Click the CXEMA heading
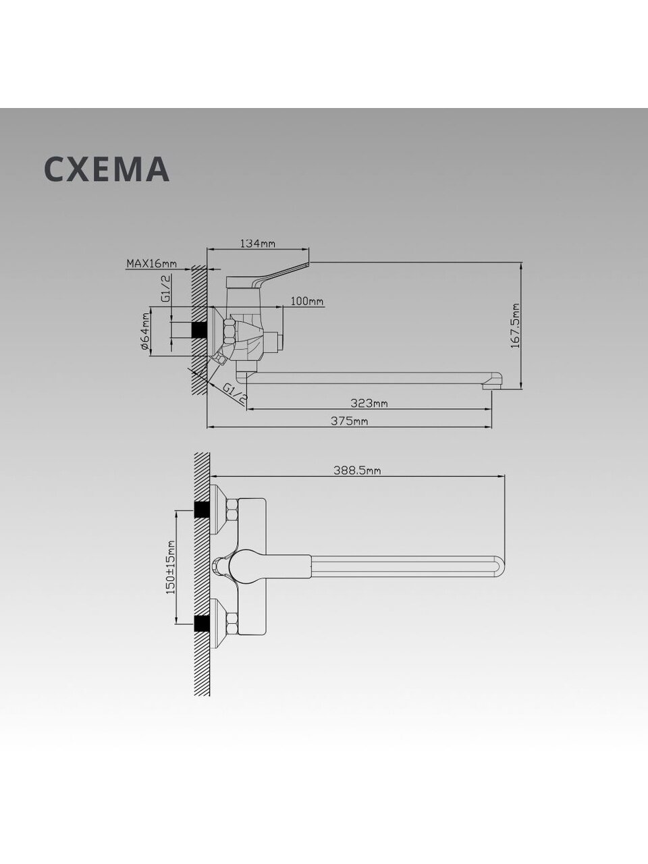click(x=107, y=169)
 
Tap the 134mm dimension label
click(x=258, y=244)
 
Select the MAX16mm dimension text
click(x=151, y=263)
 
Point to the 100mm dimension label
click(x=307, y=302)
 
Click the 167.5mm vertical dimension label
click(x=515, y=325)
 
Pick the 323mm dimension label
click(x=369, y=403)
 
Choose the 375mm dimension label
click(x=350, y=421)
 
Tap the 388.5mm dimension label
click(x=357, y=470)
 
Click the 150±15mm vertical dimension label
click(x=171, y=567)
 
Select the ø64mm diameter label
click(x=144, y=331)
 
